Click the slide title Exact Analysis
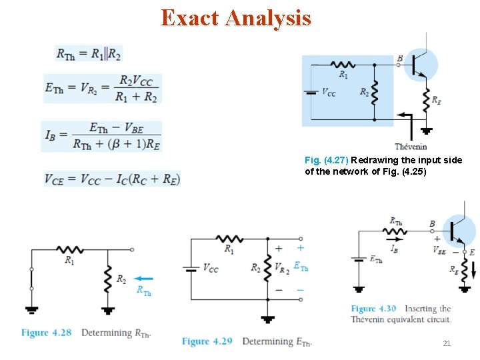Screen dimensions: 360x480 pyautogui.click(x=236, y=18)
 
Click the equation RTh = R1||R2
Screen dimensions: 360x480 pyautogui.click(x=89, y=54)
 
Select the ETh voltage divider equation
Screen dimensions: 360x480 pyautogui.click(x=102, y=88)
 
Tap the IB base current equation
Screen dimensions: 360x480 pyautogui.click(x=101, y=136)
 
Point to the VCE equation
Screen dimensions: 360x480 pyautogui.click(x=112, y=179)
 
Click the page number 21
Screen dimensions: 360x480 pyautogui.click(x=447, y=343)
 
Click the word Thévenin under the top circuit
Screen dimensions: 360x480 pyautogui.click(x=411, y=147)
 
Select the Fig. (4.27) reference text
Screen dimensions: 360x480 pyautogui.click(x=326, y=161)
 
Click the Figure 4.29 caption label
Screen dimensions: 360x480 pyautogui.click(x=207, y=341)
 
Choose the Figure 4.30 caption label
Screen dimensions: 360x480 pyautogui.click(x=373, y=309)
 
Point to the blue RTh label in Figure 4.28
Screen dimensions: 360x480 pyautogui.click(x=143, y=290)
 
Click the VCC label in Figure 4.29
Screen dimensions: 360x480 pyautogui.click(x=210, y=268)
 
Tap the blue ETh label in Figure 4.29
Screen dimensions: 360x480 pyautogui.click(x=301, y=266)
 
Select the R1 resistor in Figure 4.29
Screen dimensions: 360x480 pyautogui.click(x=229, y=239)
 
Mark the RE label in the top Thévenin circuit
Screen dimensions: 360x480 pyautogui.click(x=436, y=100)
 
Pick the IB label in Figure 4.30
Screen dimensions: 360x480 pyautogui.click(x=395, y=248)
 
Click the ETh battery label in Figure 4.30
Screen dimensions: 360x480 pyautogui.click(x=376, y=259)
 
